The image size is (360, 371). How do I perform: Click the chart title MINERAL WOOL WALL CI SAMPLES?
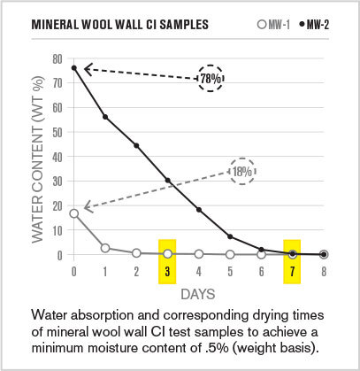coord(120,24)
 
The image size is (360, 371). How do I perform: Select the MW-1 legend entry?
coord(280,24)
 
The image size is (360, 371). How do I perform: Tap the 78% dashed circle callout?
coord(211,79)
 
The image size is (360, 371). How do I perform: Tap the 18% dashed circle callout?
coord(242,171)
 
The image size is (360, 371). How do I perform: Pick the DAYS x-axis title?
coord(198,292)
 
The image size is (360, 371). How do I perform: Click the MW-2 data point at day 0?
coord(74,68)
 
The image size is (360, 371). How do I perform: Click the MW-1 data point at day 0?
coord(74,213)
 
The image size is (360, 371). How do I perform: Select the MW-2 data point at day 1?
coord(105,117)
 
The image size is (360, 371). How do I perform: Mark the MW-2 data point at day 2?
coord(136,145)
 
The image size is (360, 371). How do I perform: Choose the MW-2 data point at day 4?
coord(199,210)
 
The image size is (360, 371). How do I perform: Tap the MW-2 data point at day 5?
coord(230,236)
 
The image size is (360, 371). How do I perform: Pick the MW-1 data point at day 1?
coord(105,248)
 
